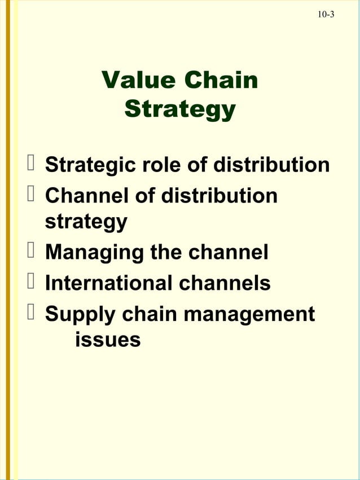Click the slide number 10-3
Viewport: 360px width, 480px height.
click(326, 14)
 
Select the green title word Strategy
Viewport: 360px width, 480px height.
click(179, 109)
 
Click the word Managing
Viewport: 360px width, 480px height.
click(94, 252)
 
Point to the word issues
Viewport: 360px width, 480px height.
click(107, 340)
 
